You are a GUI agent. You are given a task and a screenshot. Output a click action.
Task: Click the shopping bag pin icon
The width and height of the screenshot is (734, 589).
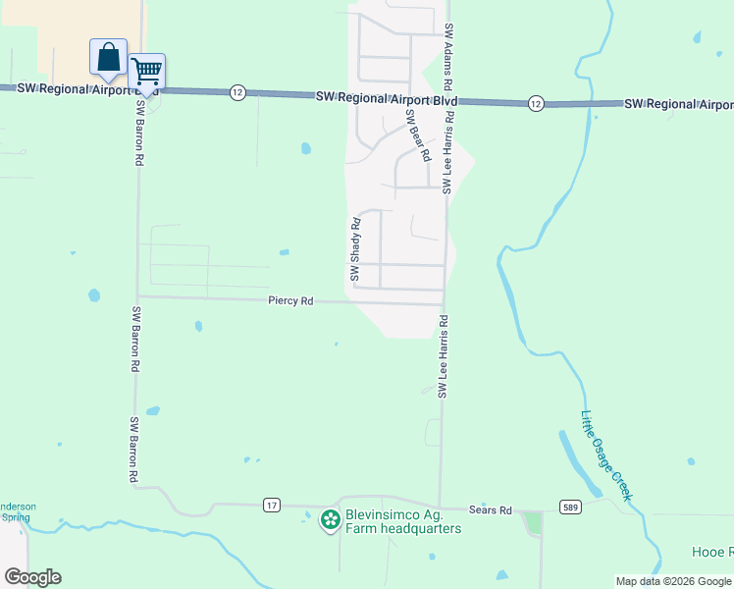108,57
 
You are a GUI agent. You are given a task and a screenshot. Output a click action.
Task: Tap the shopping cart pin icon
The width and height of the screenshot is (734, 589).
146,71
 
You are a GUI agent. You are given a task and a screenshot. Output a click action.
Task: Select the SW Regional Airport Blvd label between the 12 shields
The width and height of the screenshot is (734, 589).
388,98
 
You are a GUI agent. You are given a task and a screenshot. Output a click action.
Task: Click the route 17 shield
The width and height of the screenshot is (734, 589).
272,505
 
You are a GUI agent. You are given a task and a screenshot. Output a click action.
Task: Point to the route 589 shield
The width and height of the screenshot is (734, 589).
570,507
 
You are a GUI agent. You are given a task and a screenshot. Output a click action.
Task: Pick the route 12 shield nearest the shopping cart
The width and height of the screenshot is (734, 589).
237,91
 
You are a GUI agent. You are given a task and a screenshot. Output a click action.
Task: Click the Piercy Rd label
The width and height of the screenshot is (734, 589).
290,301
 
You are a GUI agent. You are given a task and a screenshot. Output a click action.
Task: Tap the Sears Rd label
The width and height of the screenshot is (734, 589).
491,510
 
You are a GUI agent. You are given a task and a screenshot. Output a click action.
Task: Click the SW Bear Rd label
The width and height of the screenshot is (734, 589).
418,134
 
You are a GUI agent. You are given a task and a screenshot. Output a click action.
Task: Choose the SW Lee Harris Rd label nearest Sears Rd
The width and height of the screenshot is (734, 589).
443,355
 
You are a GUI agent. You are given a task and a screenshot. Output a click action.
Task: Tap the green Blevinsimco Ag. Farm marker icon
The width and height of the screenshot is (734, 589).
331,519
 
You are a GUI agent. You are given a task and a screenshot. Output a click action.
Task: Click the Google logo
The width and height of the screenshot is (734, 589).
31,577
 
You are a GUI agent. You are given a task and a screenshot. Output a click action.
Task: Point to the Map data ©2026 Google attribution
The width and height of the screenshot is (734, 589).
673,581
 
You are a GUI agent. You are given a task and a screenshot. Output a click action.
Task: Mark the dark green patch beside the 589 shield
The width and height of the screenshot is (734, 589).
533,522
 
